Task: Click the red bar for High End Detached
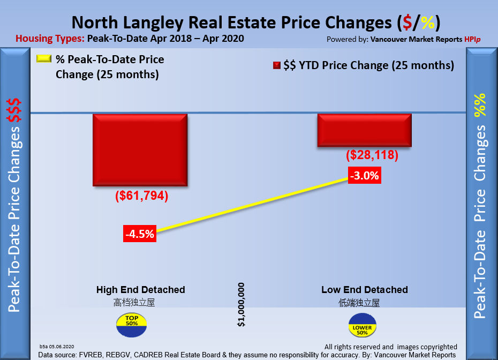(140, 151)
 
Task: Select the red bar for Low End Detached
(365, 130)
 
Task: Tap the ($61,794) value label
(141, 197)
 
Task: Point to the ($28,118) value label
(372, 155)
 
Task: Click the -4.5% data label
(140, 234)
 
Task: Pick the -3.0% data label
(364, 175)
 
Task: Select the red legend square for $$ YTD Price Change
(277, 66)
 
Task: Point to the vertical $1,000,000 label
(242, 304)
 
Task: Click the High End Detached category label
(141, 290)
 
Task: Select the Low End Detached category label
(364, 290)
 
